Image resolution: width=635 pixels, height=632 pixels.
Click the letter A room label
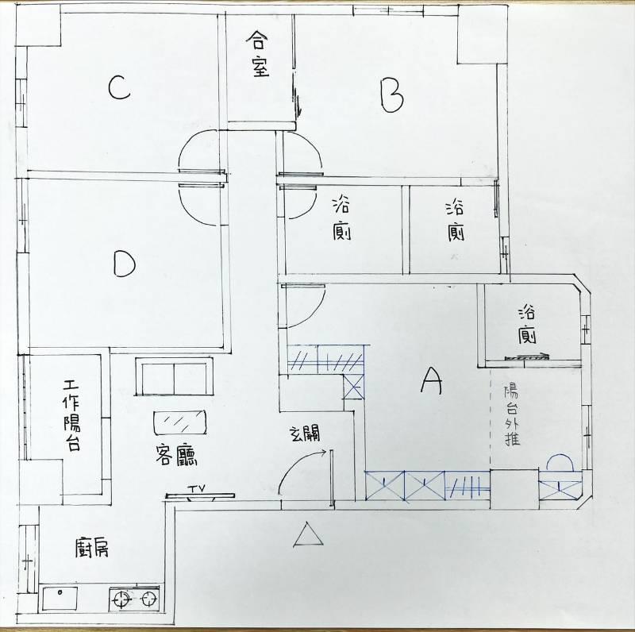pos(431,381)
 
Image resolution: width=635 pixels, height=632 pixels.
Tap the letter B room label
pos(391,95)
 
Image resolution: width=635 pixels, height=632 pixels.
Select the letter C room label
pos(119,88)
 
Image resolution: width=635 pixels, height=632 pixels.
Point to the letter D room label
pos(124,264)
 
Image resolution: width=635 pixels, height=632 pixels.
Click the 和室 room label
pos(257,54)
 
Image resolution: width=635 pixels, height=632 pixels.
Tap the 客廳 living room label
pos(176,455)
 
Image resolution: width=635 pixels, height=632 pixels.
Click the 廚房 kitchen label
pos(92,548)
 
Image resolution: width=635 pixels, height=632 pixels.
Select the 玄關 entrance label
pos(306,434)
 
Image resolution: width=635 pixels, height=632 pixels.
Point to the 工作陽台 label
pos(71,415)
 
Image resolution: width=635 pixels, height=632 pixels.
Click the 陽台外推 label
pos(512,415)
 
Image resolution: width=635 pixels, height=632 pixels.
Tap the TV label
pos(197,488)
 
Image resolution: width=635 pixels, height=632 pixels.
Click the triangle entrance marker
pos(308,535)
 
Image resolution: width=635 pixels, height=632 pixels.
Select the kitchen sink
pos(60,598)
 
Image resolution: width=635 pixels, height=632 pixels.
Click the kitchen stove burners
pos(135,599)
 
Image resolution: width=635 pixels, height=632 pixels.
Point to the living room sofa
pos(174,376)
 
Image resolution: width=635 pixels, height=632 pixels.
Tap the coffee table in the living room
pos(179,423)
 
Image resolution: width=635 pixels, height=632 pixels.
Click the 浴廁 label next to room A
pos(527,326)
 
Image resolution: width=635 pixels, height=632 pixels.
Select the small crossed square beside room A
pos(353,387)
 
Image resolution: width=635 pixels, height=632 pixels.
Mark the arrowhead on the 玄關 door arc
pos(324,452)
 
